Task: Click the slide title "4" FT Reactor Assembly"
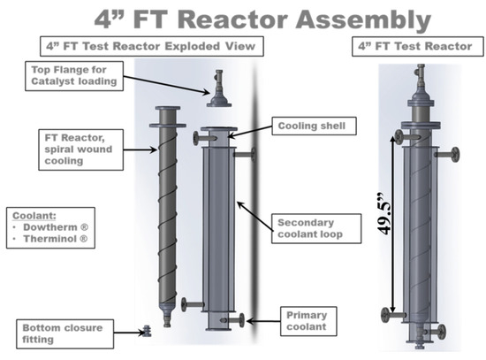coord(242,18)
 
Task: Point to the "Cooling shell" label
coord(316,126)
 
